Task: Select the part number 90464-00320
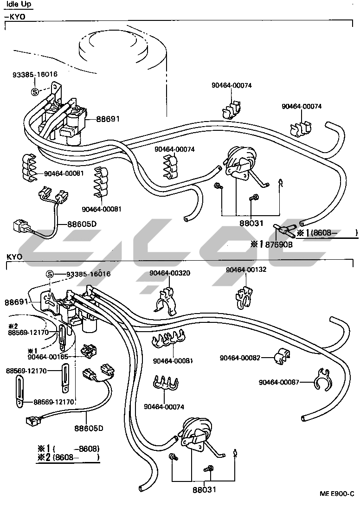coord(169,273)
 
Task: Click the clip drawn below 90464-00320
coord(167,301)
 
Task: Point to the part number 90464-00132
coord(246,270)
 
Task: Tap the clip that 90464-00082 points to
coord(279,356)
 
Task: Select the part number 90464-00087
coord(279,382)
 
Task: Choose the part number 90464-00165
coord(48,357)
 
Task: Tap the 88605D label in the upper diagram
coord(82,224)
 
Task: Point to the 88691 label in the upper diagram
coord(108,119)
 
